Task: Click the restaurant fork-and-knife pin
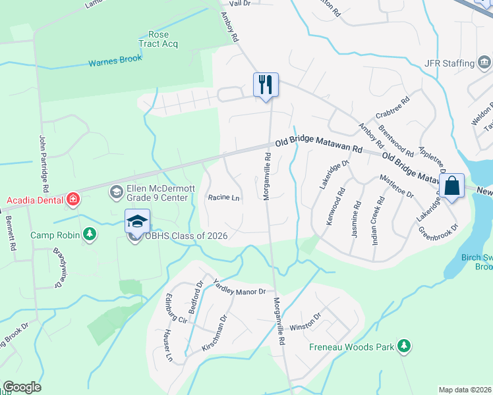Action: pyautogui.click(x=266, y=85)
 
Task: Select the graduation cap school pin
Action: pyautogui.click(x=138, y=221)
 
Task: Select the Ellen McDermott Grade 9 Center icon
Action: pyautogui.click(x=117, y=192)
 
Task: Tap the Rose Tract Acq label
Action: pyautogui.click(x=159, y=39)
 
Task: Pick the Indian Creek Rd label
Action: pyautogui.click(x=378, y=222)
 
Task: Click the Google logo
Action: pyautogui.click(x=22, y=387)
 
